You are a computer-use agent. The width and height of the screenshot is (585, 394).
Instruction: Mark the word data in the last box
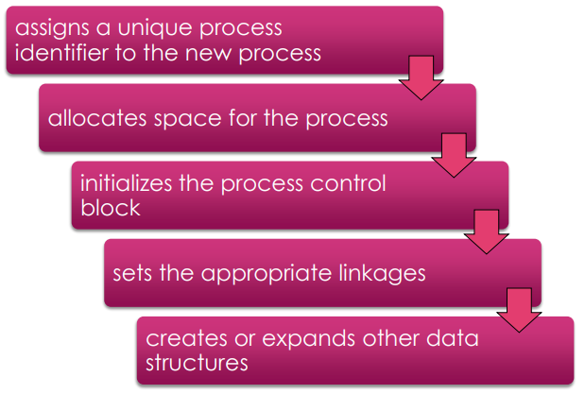click(x=453, y=338)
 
